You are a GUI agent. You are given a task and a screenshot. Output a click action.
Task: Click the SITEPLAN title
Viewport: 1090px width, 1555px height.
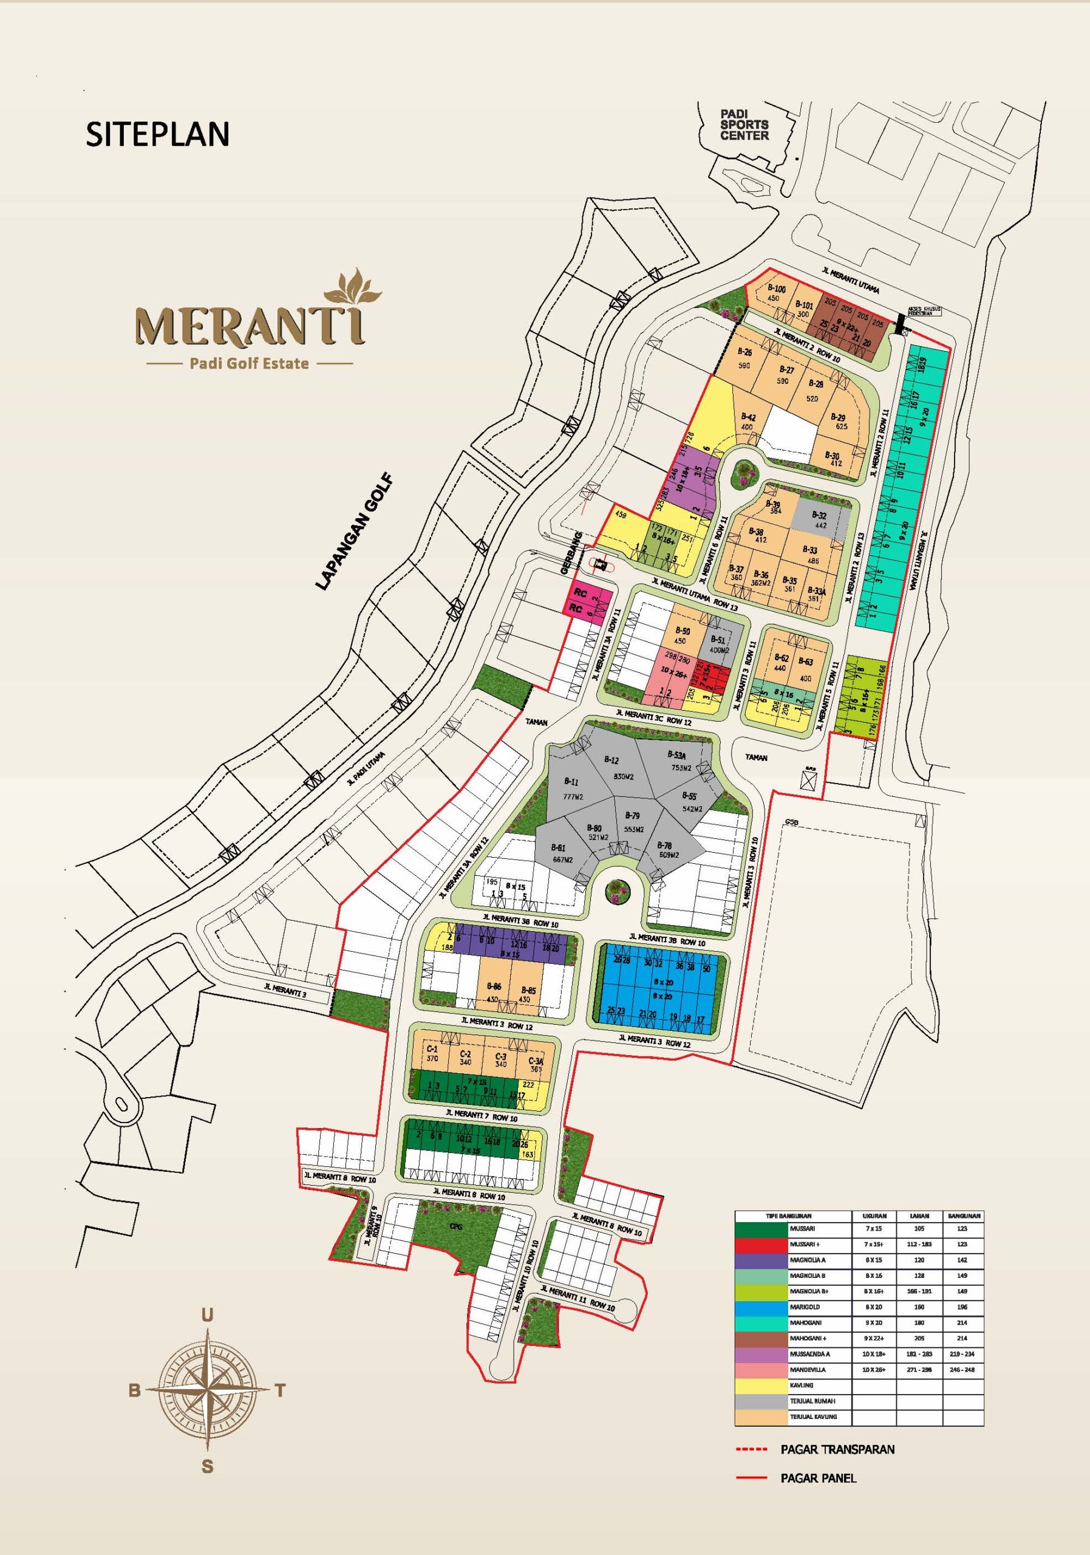[157, 134]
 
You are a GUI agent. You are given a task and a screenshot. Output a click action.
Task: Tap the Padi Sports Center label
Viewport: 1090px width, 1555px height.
[744, 125]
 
